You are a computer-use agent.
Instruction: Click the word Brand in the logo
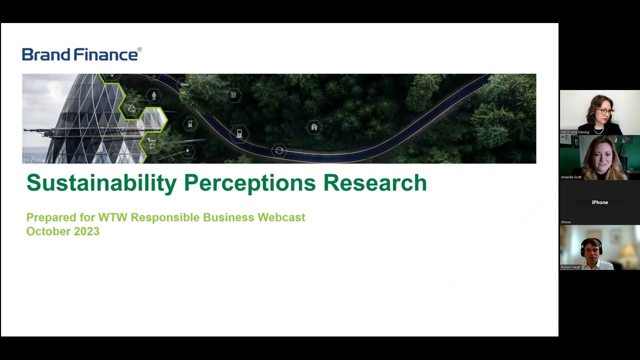click(x=46, y=54)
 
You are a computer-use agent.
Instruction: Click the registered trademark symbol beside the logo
click(x=139, y=49)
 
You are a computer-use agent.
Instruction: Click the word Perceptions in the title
click(x=249, y=183)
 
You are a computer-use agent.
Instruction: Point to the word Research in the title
click(x=374, y=183)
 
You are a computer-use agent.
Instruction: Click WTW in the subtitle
click(x=112, y=217)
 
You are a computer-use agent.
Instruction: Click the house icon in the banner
click(x=314, y=127)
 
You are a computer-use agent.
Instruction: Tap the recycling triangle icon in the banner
click(x=131, y=108)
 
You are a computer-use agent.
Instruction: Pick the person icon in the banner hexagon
click(x=154, y=95)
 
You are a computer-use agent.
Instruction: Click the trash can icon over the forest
click(x=233, y=94)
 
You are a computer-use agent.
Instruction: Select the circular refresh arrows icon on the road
click(x=279, y=150)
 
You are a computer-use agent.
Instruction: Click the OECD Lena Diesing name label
click(x=575, y=132)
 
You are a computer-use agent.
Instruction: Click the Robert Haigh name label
click(x=571, y=267)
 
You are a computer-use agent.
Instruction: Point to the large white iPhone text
click(x=599, y=202)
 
